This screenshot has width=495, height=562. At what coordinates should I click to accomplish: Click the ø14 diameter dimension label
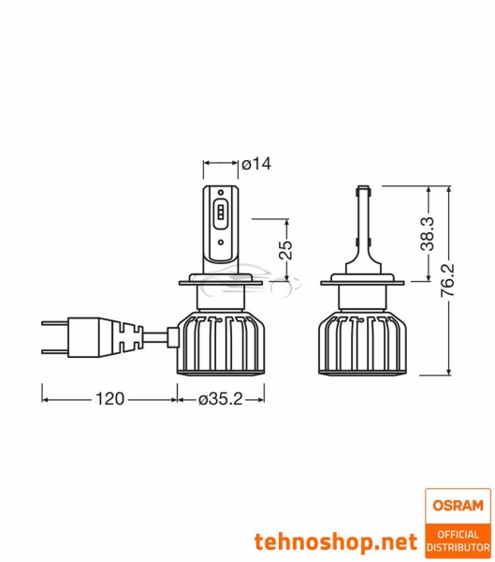(256, 165)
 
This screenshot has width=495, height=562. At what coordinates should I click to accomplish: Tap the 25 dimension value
(286, 249)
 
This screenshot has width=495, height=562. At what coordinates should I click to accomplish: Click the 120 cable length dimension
(110, 400)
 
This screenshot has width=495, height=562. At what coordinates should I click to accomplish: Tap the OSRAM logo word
(457, 507)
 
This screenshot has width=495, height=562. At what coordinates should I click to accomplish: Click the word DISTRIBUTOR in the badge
(457, 546)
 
